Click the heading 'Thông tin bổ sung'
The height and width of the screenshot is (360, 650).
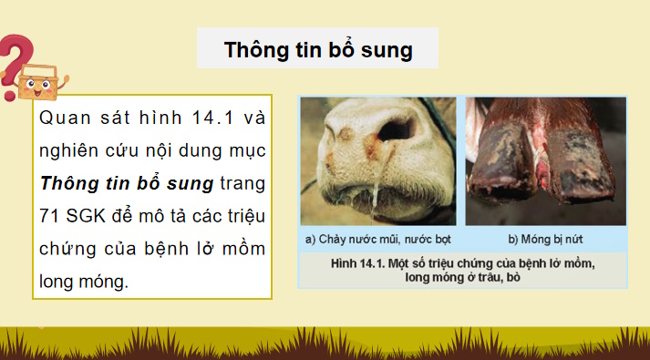(x=317, y=50)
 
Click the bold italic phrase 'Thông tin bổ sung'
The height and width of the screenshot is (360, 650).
(x=127, y=183)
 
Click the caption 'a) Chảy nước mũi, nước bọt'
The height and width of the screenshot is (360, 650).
(x=378, y=240)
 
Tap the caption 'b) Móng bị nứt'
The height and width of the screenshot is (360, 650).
(x=546, y=240)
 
